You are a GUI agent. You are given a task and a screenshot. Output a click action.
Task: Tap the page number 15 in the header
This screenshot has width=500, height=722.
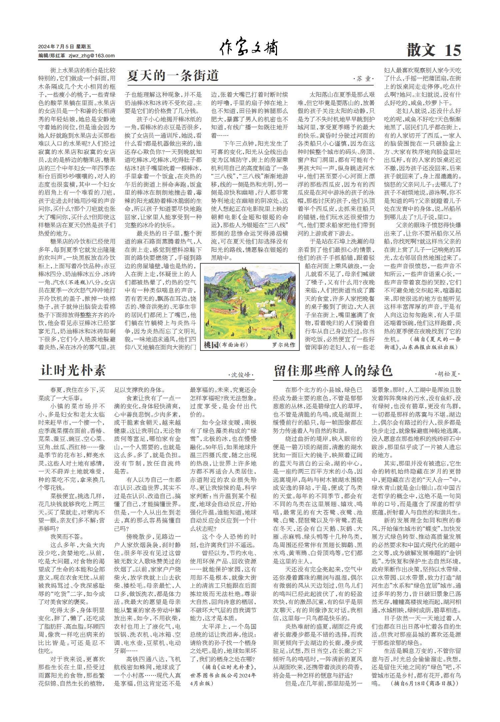tap(452, 50)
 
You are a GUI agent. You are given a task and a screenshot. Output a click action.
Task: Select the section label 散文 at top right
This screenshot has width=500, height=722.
tap(421, 50)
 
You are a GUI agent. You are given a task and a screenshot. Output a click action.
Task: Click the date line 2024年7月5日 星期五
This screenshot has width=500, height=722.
tap(65, 47)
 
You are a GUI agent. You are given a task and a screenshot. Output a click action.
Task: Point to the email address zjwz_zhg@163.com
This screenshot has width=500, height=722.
tap(91, 56)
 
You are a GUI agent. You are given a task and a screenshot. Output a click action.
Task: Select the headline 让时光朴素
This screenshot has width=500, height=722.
tap(73, 370)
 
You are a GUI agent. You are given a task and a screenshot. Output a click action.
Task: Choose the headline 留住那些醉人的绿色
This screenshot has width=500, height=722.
tap(333, 370)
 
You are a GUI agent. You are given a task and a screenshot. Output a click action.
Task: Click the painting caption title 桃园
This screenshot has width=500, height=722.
tap(211, 345)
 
